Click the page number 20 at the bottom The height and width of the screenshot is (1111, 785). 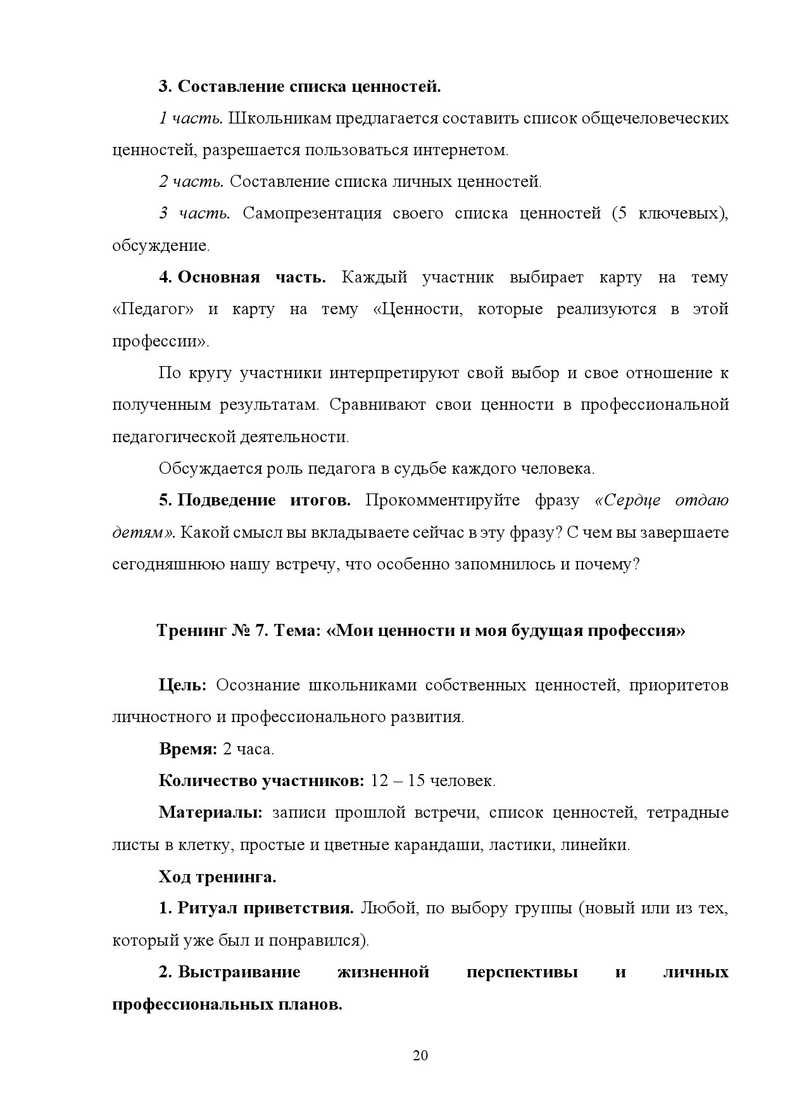(x=420, y=1055)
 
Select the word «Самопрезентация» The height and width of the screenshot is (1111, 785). (x=312, y=213)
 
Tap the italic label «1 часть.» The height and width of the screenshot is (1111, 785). (x=190, y=118)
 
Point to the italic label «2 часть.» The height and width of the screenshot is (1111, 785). (x=191, y=182)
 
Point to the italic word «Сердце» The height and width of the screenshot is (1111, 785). (x=629, y=500)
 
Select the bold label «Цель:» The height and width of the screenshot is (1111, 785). (x=182, y=685)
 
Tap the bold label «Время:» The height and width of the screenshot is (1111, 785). (x=188, y=749)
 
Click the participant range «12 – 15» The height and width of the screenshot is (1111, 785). (x=398, y=780)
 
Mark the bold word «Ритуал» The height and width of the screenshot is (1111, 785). (x=202, y=908)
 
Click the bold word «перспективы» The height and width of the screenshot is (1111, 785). (x=522, y=972)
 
